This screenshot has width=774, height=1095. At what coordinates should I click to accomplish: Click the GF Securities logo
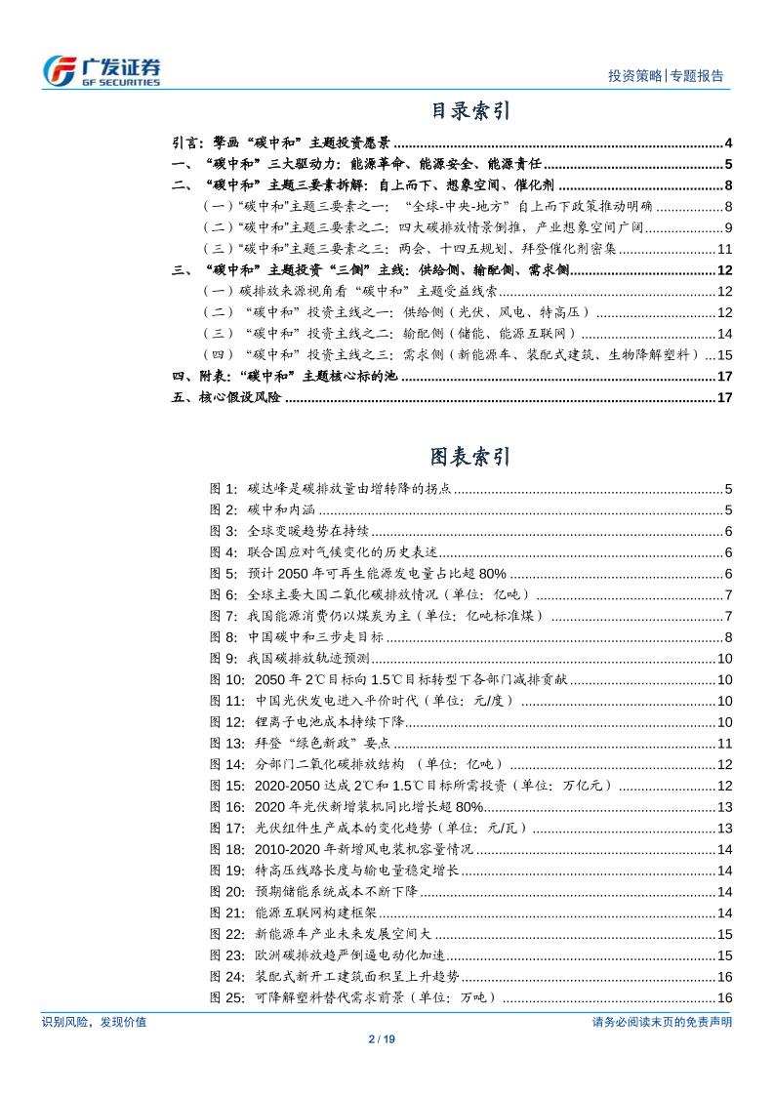point(103,69)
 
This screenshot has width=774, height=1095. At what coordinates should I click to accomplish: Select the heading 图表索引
point(469,456)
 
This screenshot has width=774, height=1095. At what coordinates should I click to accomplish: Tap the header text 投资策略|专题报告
point(666,76)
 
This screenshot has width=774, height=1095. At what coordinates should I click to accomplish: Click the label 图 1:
point(224,489)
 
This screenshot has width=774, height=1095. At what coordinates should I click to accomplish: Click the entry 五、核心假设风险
point(225,397)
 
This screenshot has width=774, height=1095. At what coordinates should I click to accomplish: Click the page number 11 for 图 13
point(724,743)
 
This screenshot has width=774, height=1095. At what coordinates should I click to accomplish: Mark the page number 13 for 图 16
point(724,806)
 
